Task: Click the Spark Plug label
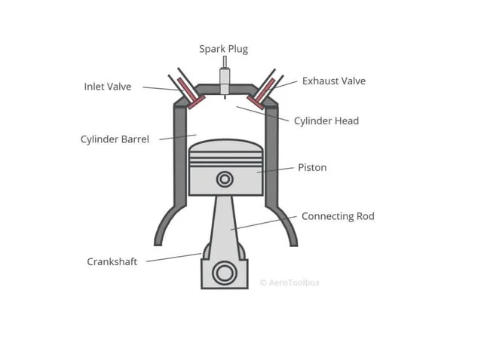(223, 49)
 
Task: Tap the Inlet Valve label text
(107, 87)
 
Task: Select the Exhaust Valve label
(333, 81)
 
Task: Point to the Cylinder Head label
(326, 121)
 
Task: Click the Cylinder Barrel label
(115, 139)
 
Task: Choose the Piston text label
(312, 167)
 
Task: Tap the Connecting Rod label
(337, 216)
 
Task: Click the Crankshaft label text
(112, 262)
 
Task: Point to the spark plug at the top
(225, 78)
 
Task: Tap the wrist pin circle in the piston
(225, 179)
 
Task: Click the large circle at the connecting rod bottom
(224, 273)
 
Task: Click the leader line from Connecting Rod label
(264, 223)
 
